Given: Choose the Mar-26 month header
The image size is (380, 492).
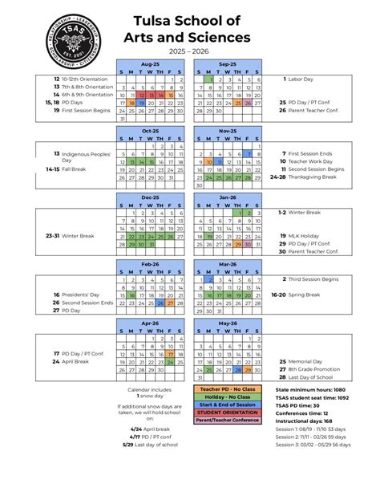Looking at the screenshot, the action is point(228,263).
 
